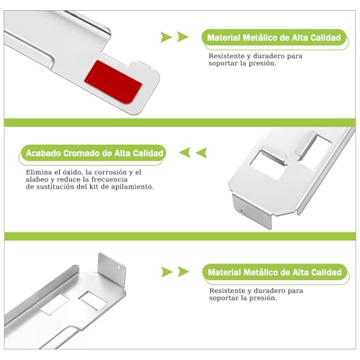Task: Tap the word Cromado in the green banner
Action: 78,153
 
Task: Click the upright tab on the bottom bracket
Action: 112,273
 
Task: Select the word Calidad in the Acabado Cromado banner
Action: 145,153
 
